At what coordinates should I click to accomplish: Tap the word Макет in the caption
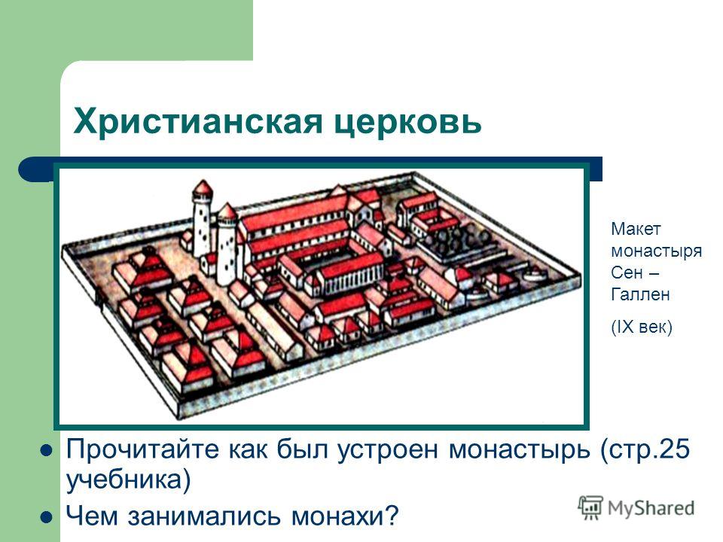click(636, 229)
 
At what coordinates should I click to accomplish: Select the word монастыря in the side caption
click(657, 251)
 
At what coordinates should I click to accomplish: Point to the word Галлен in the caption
click(640, 294)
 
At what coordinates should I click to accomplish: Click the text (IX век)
click(642, 327)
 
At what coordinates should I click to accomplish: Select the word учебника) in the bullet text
click(129, 480)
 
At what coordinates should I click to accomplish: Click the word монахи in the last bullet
click(344, 515)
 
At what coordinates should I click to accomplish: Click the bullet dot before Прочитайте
click(47, 450)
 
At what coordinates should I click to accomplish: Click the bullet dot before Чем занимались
click(47, 517)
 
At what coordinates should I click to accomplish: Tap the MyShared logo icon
click(590, 507)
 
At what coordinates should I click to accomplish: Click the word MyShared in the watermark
click(651, 509)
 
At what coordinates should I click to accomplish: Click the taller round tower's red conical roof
click(203, 188)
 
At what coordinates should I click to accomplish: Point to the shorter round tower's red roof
click(227, 212)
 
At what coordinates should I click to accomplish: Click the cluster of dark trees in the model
click(458, 239)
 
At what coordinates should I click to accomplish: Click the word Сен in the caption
click(627, 273)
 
